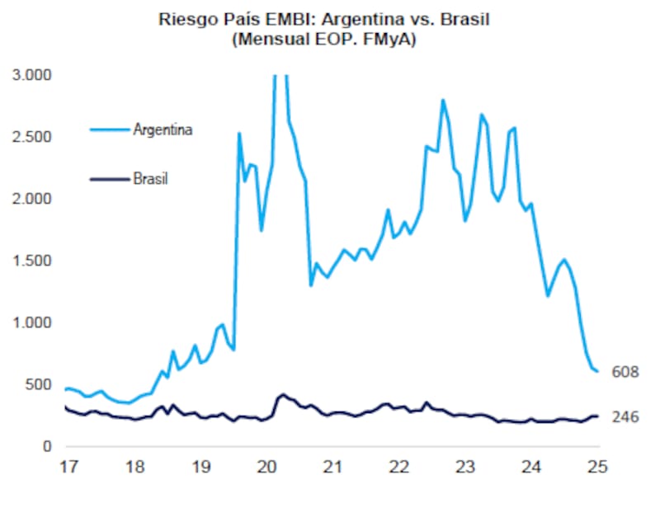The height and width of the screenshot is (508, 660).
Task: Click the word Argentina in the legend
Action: click(x=163, y=129)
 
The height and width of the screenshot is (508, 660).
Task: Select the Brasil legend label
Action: click(x=150, y=177)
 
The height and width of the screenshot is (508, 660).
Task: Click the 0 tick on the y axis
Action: click(x=48, y=446)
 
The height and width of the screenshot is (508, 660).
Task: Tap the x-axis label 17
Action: click(x=68, y=467)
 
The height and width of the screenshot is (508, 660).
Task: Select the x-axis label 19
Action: click(x=200, y=467)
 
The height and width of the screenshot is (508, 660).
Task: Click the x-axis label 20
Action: click(x=266, y=467)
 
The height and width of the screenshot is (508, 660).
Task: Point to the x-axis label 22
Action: click(x=398, y=467)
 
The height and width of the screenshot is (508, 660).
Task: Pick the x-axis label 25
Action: click(x=596, y=467)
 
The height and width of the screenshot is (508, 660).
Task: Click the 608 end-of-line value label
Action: click(x=626, y=372)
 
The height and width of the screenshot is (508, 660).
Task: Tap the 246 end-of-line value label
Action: click(x=626, y=418)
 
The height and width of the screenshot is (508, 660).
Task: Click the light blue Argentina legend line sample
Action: click(x=109, y=129)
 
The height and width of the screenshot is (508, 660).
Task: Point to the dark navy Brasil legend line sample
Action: click(x=109, y=177)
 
